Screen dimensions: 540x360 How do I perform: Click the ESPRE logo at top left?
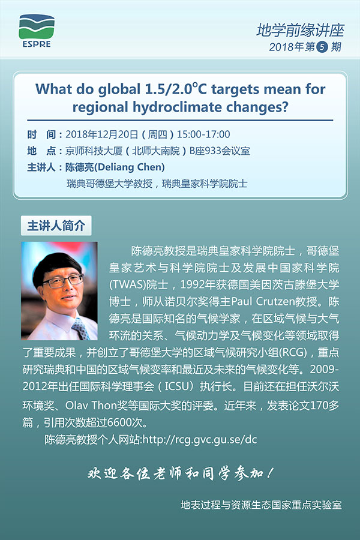[35, 29]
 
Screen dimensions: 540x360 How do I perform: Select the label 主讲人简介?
[56, 226]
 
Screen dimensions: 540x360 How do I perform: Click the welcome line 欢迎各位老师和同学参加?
[179, 473]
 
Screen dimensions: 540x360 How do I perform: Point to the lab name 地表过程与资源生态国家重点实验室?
[261, 505]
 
